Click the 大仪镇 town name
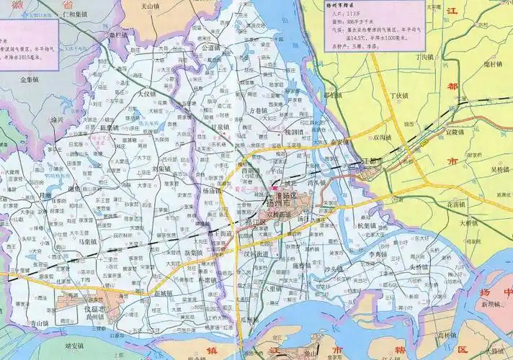[146, 94]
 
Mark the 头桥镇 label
[419, 267]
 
